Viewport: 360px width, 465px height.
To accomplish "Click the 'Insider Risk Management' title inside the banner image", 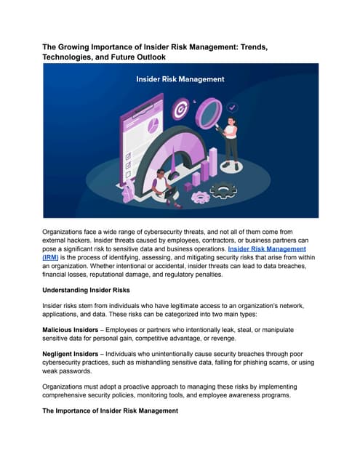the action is click(180, 78).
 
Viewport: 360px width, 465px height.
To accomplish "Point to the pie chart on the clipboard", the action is click(153, 126).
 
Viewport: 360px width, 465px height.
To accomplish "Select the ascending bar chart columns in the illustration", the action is click(207, 162).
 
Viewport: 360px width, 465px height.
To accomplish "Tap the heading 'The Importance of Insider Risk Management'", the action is click(110, 411).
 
